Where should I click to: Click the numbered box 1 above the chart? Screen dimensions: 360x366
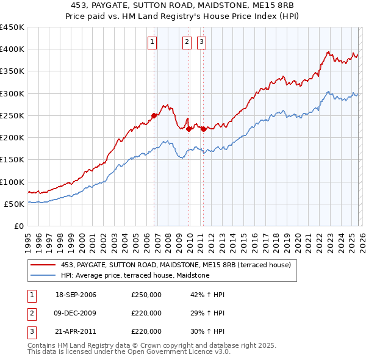point(152,42)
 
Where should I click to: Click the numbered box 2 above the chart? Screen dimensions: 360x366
point(187,42)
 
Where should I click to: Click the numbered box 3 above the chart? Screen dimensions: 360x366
point(201,42)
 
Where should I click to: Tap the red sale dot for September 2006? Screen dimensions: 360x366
point(154,115)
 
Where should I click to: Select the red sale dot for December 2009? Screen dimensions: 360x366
point(189,129)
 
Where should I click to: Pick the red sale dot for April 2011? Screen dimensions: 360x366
point(203,129)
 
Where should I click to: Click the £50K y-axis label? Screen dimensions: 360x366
point(14,204)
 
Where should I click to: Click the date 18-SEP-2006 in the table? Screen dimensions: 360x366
point(76,295)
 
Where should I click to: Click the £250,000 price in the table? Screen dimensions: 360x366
point(146,295)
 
